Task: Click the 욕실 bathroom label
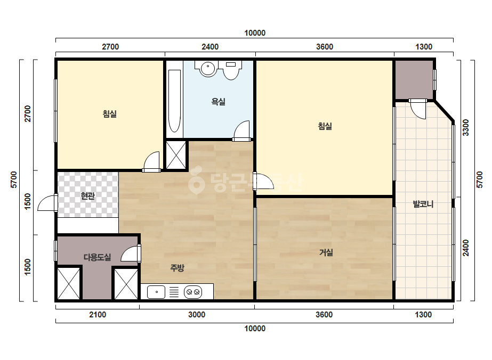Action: point(219,102)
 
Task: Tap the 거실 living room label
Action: point(326,252)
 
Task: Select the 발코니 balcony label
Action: point(423,204)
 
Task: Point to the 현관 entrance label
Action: point(88,196)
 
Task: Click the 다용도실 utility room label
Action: point(97,257)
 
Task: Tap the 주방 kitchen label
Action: point(178,268)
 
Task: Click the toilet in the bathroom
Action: point(231,70)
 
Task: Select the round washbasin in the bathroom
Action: point(207,68)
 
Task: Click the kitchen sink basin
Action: point(156,292)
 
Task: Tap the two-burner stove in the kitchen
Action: point(193,292)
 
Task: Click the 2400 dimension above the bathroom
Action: point(210,47)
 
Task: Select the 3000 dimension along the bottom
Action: point(197,315)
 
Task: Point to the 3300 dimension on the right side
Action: point(466,128)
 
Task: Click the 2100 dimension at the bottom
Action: point(98,315)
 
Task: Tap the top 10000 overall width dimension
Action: point(255,33)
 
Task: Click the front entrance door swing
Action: point(47,203)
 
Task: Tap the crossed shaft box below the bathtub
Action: point(176,155)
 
